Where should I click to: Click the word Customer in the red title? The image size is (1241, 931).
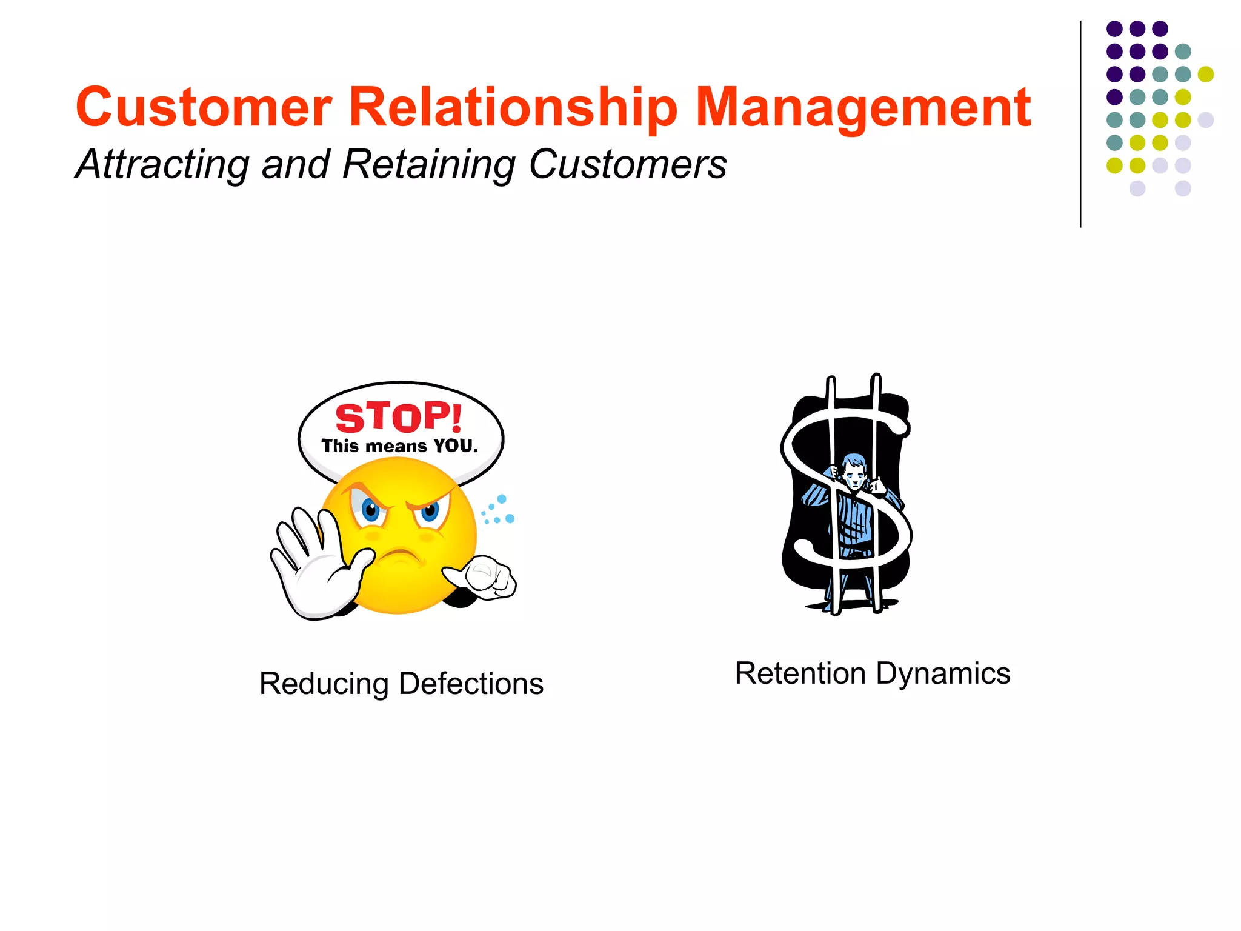204,107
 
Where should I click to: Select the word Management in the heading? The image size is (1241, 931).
863,107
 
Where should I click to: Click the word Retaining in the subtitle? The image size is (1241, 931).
430,164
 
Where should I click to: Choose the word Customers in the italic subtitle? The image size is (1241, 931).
628,164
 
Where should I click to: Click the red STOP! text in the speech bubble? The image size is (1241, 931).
399,418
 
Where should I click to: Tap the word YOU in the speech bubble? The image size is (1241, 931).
455,447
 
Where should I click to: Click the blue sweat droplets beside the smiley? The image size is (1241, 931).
498,510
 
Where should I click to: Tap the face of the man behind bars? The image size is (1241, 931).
854,473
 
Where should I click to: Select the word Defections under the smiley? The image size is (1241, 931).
471,684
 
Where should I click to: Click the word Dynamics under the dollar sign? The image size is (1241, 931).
943,673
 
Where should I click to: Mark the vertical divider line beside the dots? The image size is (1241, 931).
1080,124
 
